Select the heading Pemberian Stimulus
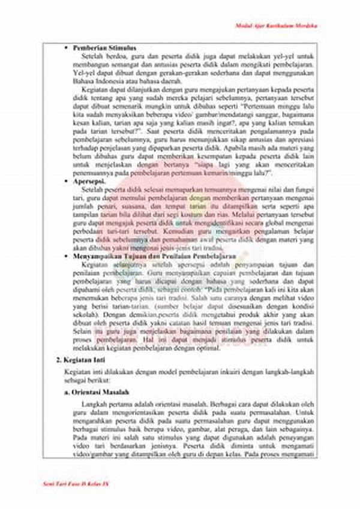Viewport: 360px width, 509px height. pos(104,47)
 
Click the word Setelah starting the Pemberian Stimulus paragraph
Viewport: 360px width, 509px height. pos(99,55)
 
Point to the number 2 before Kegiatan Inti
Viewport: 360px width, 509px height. pos(58,360)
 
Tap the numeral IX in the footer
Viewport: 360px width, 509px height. pos(106,483)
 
